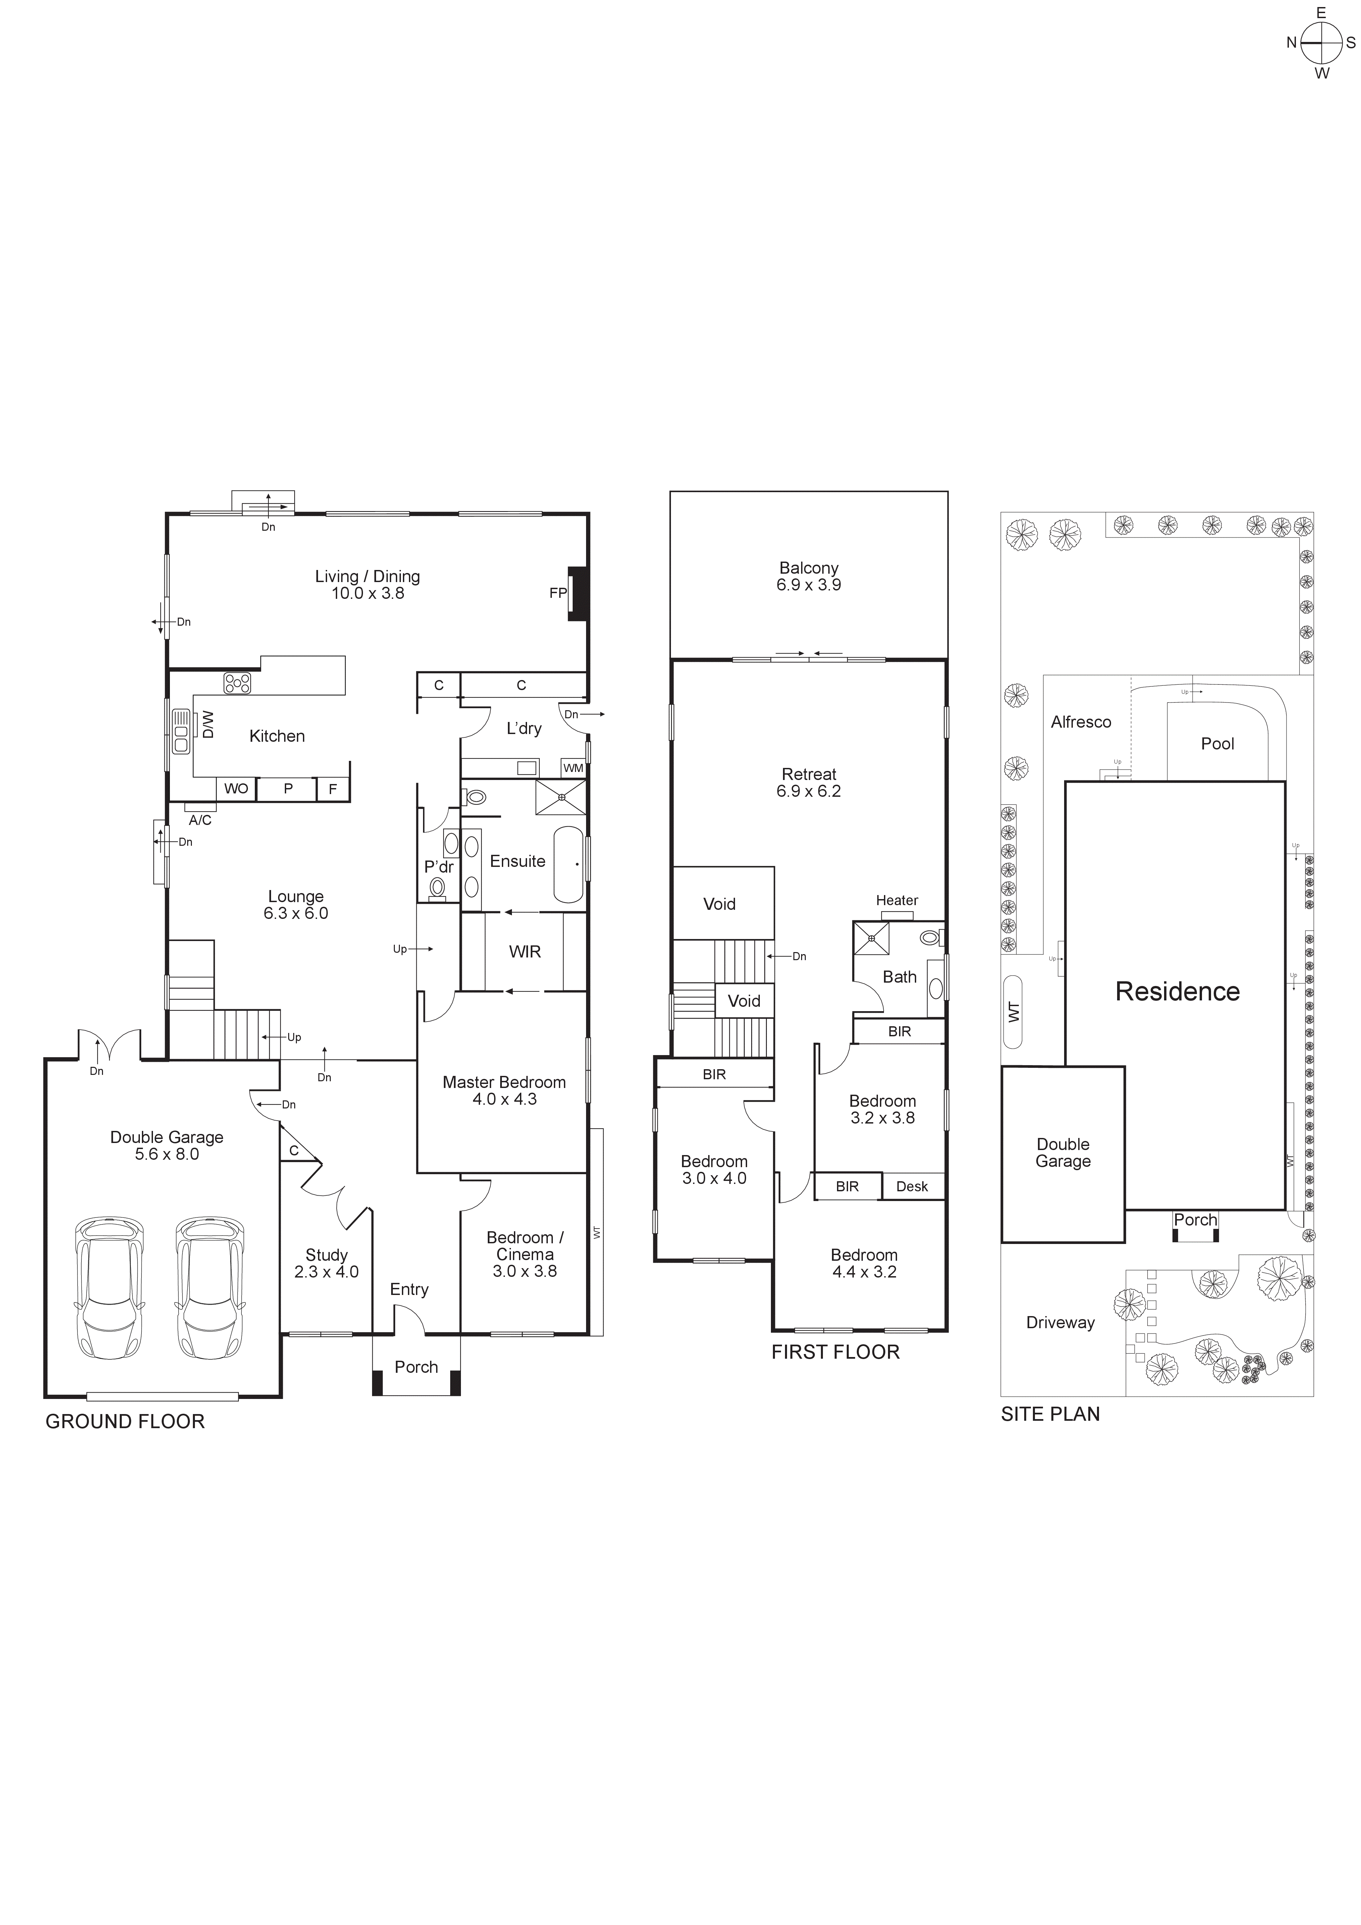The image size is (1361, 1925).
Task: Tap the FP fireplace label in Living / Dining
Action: pyautogui.click(x=558, y=593)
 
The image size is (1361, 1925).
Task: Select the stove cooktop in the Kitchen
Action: pyautogui.click(x=237, y=683)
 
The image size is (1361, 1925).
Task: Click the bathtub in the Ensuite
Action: pyautogui.click(x=569, y=865)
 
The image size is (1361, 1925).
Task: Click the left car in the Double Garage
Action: pyautogui.click(x=109, y=1289)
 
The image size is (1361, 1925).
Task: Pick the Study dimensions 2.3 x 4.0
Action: pyautogui.click(x=326, y=1272)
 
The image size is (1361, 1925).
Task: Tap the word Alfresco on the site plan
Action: pyautogui.click(x=1081, y=722)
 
